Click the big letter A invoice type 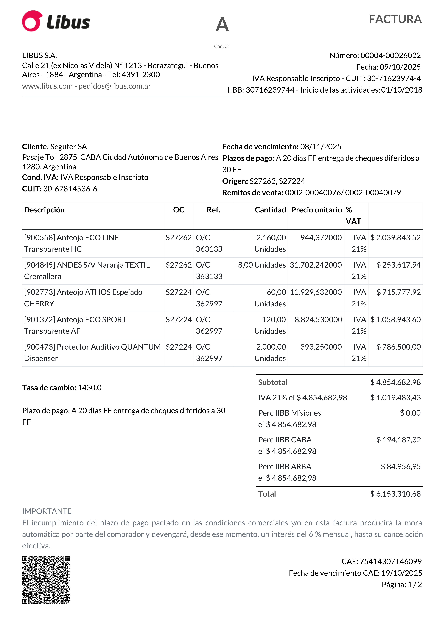tap(222, 25)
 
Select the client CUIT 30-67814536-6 tap(70, 189)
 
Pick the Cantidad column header tap(270, 210)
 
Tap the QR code tap(46, 580)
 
